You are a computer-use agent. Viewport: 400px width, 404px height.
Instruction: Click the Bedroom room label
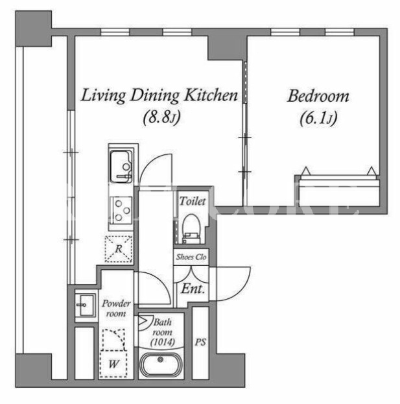[318, 96]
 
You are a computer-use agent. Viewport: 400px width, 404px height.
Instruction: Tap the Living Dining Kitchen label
[159, 95]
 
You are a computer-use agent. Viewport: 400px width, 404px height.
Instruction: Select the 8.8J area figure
[161, 117]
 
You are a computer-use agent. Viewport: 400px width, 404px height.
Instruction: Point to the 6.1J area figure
[318, 118]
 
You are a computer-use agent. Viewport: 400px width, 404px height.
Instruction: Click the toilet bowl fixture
[191, 229]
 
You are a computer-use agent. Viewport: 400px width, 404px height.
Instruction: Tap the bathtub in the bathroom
[161, 364]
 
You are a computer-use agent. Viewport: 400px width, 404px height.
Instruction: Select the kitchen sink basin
[121, 167]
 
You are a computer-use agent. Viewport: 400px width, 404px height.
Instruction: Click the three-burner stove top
[121, 211]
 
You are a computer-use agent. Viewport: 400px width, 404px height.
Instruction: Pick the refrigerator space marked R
[119, 249]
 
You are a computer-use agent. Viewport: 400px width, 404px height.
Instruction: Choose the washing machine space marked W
[113, 364]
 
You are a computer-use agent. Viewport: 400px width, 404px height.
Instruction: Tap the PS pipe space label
[200, 342]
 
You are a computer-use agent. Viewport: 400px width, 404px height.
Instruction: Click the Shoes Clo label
[191, 257]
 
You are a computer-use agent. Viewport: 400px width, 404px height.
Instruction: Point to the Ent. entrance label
[193, 289]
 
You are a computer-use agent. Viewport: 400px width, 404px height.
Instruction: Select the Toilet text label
[193, 201]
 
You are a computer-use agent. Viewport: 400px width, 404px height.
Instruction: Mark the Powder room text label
[116, 309]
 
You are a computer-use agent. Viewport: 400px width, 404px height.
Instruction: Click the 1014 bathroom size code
[163, 342]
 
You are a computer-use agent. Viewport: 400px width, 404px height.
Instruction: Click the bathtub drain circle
[161, 359]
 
